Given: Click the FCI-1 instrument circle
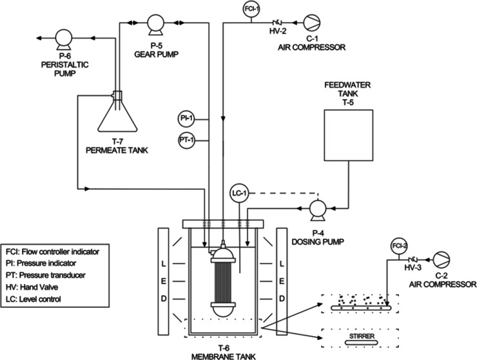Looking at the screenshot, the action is [x=251, y=9].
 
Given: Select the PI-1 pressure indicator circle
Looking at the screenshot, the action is [x=186, y=118].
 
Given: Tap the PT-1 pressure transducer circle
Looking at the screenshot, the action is [x=186, y=140].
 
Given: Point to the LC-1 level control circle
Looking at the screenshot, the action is [x=239, y=193].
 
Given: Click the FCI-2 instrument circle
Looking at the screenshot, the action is [x=398, y=245].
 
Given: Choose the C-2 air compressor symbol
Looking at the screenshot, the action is [x=442, y=260].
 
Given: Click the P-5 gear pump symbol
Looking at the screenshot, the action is [x=155, y=24].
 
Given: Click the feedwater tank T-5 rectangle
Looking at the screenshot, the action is [x=348, y=135].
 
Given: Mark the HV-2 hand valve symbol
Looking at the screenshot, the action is [x=277, y=22].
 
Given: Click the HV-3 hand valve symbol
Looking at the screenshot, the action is [x=413, y=260].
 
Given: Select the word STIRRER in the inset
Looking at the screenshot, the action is [x=362, y=336].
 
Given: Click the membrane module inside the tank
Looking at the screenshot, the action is [x=223, y=279].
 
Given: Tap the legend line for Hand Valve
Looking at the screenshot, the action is [x=32, y=287].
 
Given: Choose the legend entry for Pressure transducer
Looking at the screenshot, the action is [x=46, y=275].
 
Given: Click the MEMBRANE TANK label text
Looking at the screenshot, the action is [x=224, y=356].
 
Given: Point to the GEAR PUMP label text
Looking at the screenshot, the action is [x=157, y=54].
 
